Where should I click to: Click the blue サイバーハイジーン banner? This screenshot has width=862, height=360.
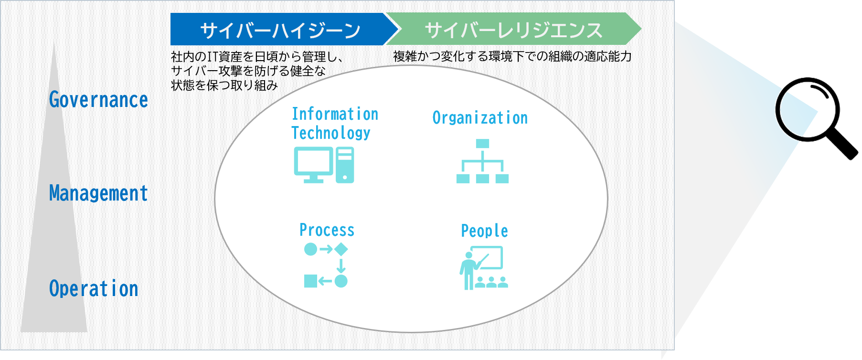point(279,30)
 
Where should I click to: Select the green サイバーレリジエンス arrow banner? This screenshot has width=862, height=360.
point(513,30)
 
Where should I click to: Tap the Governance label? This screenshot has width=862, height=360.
point(98,100)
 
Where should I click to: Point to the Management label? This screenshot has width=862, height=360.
point(98,193)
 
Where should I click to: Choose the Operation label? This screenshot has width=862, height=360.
point(94,289)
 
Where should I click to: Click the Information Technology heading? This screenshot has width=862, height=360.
point(334,123)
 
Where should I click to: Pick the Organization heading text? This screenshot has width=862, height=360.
point(480,118)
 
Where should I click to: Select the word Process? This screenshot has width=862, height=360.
point(327,230)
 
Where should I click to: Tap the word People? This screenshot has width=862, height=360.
point(484,231)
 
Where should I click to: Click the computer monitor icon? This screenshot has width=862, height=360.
point(313,163)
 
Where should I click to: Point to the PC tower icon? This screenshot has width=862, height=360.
point(345,165)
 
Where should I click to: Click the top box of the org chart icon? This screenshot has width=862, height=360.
point(482,143)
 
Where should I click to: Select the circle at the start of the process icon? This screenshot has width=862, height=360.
point(310,249)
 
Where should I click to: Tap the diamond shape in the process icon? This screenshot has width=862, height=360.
point(341,249)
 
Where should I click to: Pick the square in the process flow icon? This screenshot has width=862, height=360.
point(310,281)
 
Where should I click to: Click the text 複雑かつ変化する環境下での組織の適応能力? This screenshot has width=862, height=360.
point(512,56)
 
